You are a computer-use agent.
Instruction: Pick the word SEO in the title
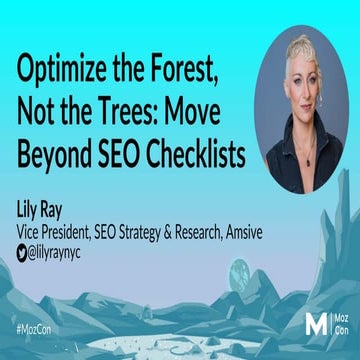pos(127,157)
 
